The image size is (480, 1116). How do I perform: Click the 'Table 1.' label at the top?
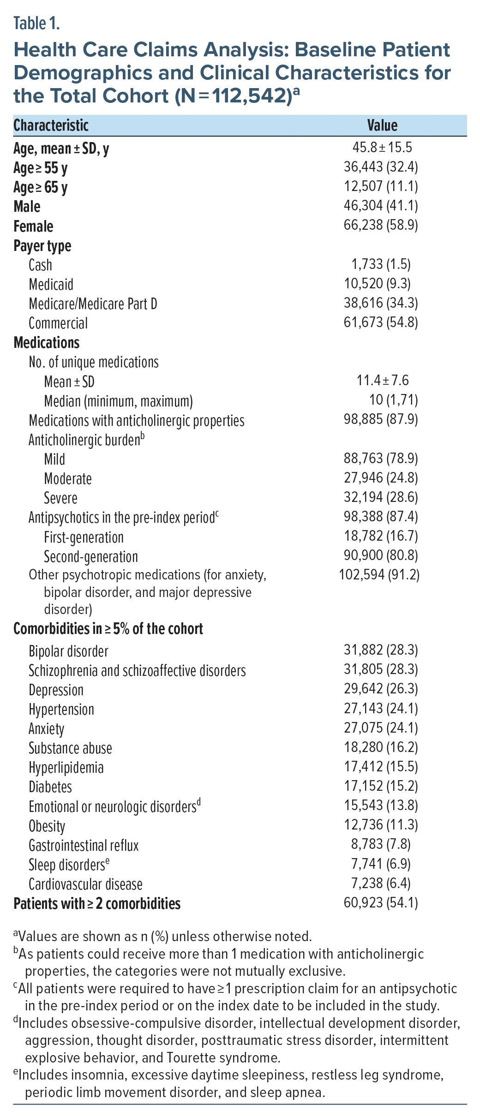coord(36,23)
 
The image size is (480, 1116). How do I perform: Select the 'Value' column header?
coord(382,125)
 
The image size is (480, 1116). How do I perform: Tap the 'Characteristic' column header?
coord(51,125)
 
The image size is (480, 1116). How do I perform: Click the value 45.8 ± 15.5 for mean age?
coord(382,148)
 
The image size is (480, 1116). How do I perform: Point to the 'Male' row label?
coord(27,207)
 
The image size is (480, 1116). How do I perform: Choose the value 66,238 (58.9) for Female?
coord(381,225)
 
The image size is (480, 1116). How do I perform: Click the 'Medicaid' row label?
coord(51,284)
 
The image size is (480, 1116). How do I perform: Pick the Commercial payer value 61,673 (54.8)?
coord(381,322)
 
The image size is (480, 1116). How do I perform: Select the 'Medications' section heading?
coord(47,342)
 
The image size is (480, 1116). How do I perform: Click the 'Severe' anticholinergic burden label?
coord(60,498)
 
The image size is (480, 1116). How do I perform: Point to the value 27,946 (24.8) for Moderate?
coord(381,478)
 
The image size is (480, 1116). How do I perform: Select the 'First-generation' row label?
coord(84,537)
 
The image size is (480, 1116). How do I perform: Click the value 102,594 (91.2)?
coord(379,575)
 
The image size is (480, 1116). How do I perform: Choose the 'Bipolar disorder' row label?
coord(68,651)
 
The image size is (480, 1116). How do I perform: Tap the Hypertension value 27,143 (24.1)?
coord(381,709)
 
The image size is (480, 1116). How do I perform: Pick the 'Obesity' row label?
coord(47,826)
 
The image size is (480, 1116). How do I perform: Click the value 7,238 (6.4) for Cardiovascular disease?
coord(381,883)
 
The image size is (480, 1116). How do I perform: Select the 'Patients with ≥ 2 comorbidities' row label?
coord(97,903)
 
